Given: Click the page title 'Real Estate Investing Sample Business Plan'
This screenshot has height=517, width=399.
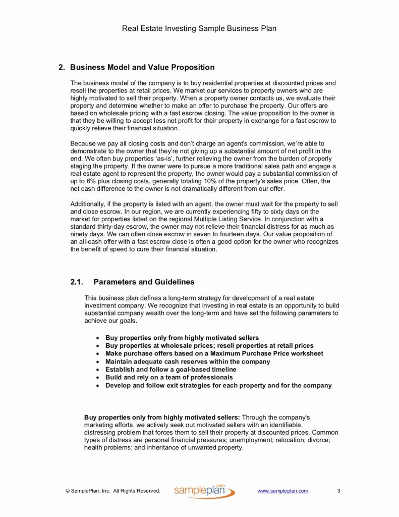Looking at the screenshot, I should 199,28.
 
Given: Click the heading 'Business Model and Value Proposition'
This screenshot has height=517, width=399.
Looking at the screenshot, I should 142,67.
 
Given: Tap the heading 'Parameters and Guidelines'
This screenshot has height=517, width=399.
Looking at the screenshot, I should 144,282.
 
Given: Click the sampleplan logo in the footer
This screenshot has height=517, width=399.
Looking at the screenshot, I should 204,491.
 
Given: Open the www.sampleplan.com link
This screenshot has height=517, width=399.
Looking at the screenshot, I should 282,491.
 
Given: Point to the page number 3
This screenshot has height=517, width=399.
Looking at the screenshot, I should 338,491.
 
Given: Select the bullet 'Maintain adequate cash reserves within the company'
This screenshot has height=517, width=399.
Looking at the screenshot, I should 188,361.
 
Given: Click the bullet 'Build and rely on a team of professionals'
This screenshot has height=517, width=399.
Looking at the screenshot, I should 169,377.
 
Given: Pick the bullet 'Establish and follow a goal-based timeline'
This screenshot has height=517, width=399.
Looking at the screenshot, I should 170,370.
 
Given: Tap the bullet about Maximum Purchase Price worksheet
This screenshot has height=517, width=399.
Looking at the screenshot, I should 214,353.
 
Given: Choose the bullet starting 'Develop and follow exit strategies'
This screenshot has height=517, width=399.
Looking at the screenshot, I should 218,385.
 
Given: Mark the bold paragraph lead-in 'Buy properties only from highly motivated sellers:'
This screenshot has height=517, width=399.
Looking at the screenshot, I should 162,418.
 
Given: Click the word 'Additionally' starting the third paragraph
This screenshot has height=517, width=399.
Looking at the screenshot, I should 87,203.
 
